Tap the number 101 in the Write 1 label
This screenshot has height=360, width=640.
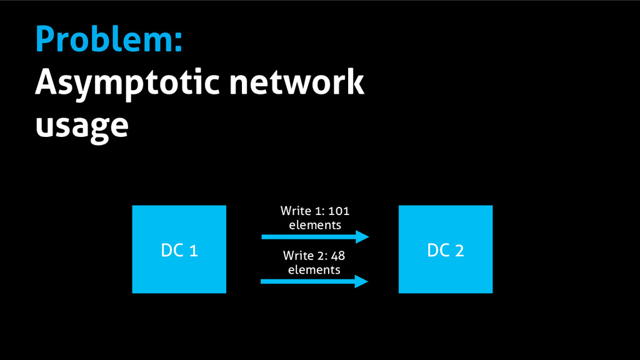coord(338,211)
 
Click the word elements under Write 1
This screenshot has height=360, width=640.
coord(315,225)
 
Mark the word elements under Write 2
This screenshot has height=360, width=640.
coord(314,269)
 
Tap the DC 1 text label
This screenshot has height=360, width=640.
coord(179,251)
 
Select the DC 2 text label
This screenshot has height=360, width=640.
coord(446,251)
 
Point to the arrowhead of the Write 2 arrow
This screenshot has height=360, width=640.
coord(361,282)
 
